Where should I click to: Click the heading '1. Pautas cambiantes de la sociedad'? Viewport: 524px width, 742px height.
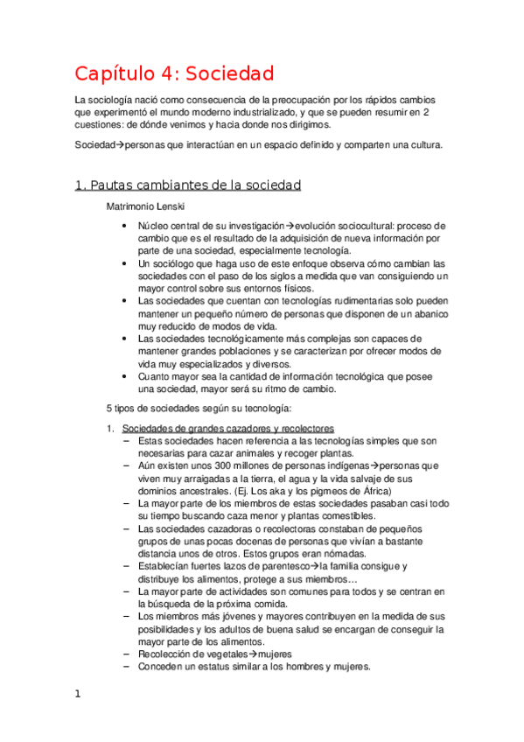pyautogui.click(x=188, y=185)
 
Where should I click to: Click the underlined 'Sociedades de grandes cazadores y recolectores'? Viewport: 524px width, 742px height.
pyautogui.click(x=227, y=429)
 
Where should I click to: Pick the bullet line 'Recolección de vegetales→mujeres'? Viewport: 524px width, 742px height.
pyautogui.click(x=214, y=654)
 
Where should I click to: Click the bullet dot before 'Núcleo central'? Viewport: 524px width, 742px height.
pyautogui.click(x=128, y=225)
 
